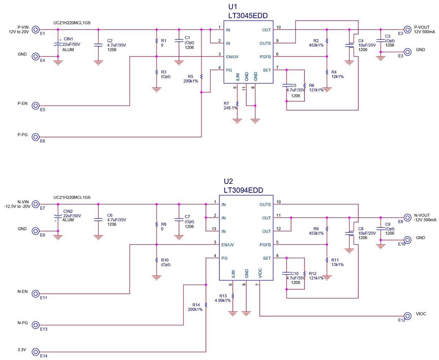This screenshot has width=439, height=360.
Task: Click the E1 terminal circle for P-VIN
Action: click(35, 30)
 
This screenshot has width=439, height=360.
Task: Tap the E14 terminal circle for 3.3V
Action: click(35, 352)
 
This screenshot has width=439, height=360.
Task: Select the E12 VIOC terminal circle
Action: click(407, 316)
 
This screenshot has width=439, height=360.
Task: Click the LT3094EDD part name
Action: click(243, 190)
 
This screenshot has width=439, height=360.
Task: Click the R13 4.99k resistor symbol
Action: click(233, 296)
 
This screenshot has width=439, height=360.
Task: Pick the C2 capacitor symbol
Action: click(98, 45)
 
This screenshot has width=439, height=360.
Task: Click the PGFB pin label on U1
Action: click(264, 57)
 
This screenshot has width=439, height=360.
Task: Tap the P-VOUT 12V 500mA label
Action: click(425, 30)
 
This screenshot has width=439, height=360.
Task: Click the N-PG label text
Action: click(23, 323)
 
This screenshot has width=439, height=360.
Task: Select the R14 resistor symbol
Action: click(206, 304)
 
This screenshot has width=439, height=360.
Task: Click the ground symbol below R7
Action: click(237, 120)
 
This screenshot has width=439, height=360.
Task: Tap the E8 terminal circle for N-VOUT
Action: click(407, 218)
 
